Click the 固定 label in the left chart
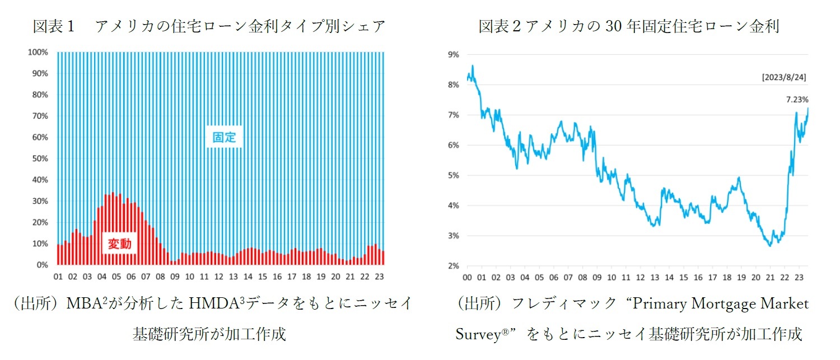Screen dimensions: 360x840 225,137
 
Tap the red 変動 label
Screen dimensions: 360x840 119,244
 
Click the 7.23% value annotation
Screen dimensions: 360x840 797,100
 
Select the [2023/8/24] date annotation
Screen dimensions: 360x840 784,77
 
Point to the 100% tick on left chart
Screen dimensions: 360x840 38,52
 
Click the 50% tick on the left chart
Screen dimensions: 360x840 40,158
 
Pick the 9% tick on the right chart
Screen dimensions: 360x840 452,55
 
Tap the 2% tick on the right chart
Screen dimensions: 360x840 452,266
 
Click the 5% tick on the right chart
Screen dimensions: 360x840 452,175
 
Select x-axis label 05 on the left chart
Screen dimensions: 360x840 116,277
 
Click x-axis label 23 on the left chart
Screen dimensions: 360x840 379,277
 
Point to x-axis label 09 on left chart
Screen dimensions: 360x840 175,277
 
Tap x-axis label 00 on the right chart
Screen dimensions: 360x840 467,277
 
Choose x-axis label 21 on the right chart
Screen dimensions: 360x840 769,277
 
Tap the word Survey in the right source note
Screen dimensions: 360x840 477,334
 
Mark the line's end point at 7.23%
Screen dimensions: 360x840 808,108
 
